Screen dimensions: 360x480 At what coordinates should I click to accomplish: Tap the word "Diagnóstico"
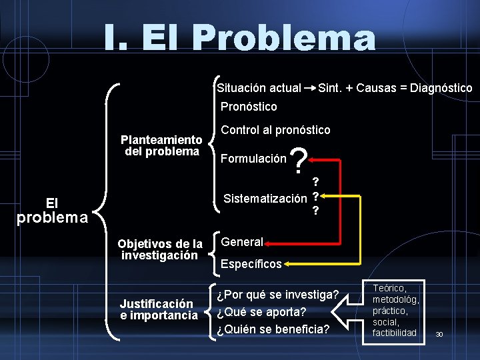pos(441,88)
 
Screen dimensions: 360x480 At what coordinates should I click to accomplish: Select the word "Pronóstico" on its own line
pos(249,107)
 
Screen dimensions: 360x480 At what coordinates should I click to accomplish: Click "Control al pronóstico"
pos(275,130)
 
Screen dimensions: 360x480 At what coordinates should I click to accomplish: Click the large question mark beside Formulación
pos(300,161)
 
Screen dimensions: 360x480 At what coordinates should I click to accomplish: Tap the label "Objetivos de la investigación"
pos(160,249)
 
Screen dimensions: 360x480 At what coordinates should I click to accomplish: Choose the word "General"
pos(242,242)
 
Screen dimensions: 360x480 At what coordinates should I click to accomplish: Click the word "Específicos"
pos(251,264)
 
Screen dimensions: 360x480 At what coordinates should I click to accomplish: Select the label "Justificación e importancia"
pos(159,309)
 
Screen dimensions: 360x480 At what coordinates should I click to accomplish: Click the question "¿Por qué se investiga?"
pos(277,294)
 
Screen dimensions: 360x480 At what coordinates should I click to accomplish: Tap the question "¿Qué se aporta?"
pos(261,311)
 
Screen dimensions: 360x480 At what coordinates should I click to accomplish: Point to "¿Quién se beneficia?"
pos(273,329)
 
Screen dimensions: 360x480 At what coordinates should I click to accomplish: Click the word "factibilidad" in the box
pos(394,333)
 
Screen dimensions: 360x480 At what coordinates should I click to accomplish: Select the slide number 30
pos(439,334)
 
